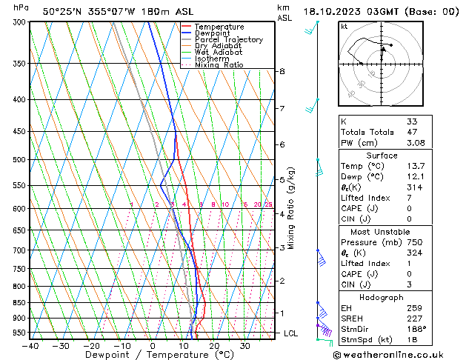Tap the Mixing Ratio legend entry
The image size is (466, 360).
[x=219, y=65]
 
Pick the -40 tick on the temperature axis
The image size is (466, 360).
[x=30, y=345]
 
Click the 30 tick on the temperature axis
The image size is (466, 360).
[x=244, y=345]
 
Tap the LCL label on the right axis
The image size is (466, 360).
[x=292, y=333]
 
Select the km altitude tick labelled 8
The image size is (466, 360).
[x=282, y=71]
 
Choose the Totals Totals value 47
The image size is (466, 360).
[x=412, y=132]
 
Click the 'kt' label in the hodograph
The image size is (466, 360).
[x=344, y=27]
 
